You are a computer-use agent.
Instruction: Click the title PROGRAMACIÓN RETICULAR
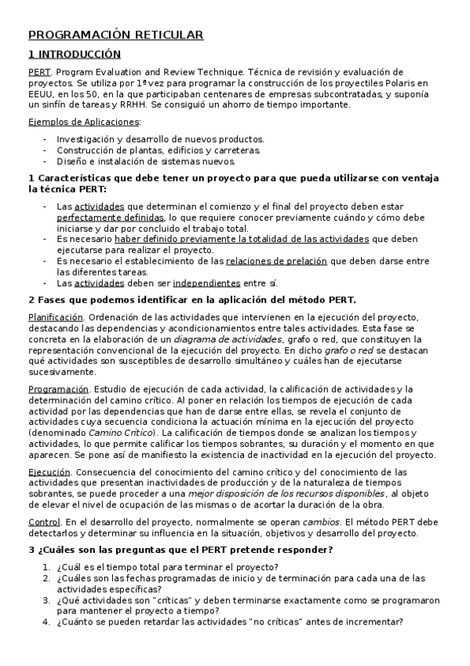click(x=115, y=35)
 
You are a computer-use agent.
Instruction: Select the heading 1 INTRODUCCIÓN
click(x=75, y=54)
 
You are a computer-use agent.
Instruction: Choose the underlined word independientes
click(x=206, y=283)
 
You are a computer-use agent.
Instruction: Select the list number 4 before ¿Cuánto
click(x=46, y=622)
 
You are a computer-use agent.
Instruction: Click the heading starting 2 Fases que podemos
click(x=191, y=299)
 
